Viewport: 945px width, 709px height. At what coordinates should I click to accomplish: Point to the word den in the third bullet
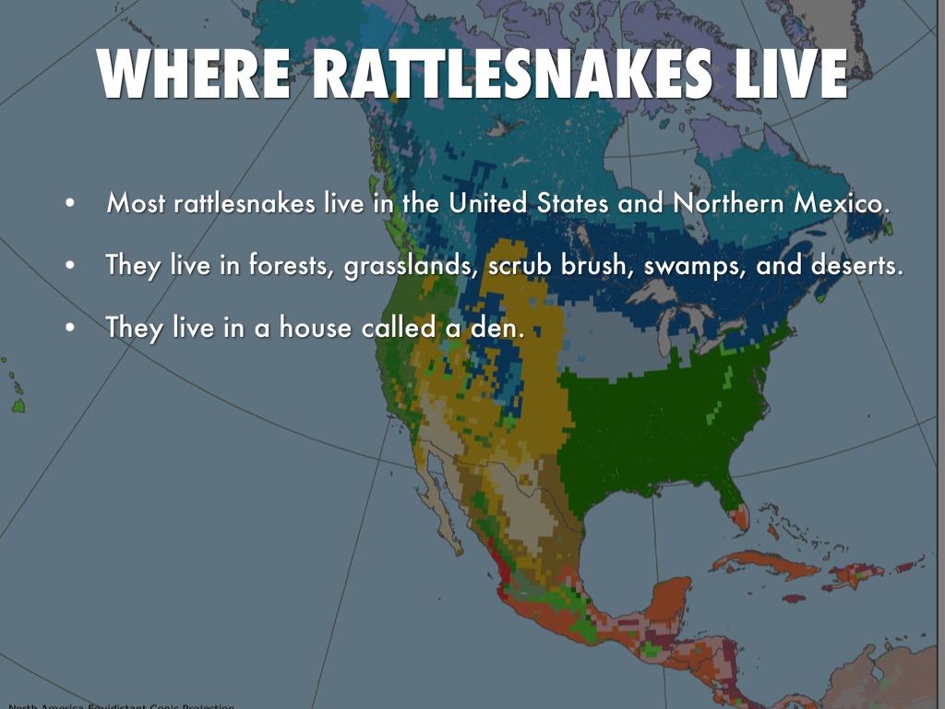[488, 328]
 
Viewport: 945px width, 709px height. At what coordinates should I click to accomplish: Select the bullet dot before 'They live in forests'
[69, 267]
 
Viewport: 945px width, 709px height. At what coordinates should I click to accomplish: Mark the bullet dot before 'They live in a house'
[69, 329]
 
